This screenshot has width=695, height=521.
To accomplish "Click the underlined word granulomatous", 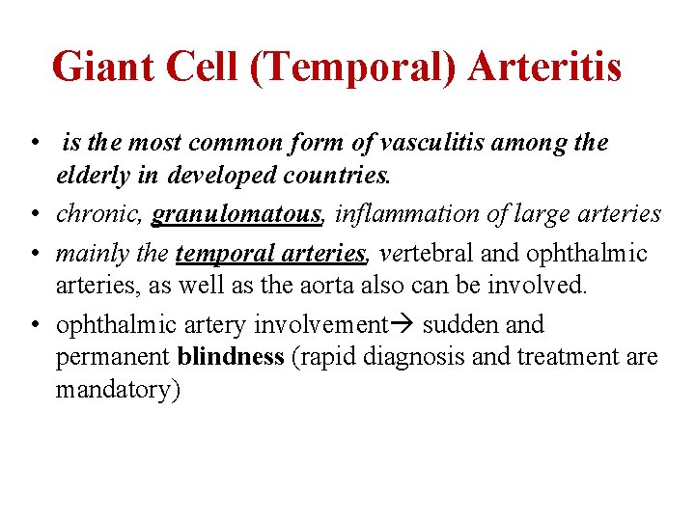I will pyautogui.click(x=236, y=213).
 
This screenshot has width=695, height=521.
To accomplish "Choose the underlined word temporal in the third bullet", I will pyautogui.click(x=218, y=253).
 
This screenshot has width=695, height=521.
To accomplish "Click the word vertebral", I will pyautogui.click(x=430, y=253).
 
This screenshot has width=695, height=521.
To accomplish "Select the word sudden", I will pyautogui.click(x=460, y=324).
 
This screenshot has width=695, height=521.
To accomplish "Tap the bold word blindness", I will pyautogui.click(x=231, y=358).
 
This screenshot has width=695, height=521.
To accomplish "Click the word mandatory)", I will pyautogui.click(x=118, y=391).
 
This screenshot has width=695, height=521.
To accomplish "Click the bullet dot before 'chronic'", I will pyautogui.click(x=34, y=214).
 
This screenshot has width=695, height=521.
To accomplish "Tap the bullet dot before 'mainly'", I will pyautogui.click(x=34, y=254).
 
